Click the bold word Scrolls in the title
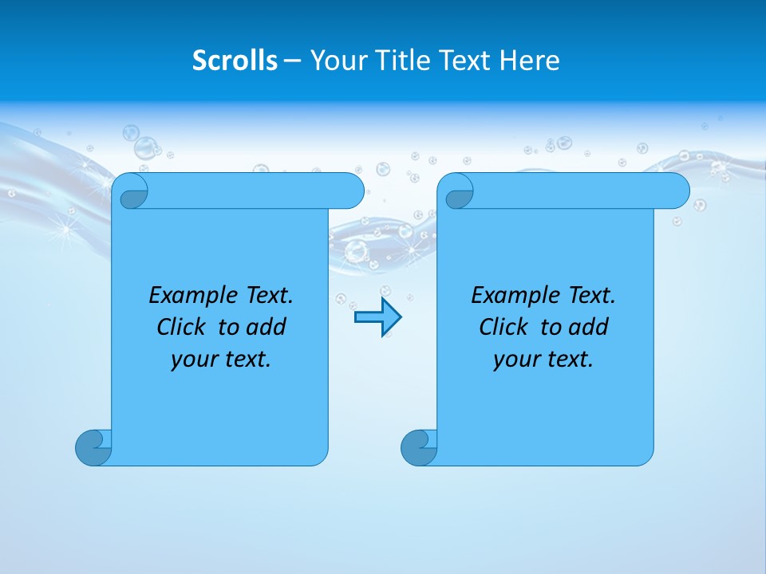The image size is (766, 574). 235,61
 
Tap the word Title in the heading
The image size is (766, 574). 408,61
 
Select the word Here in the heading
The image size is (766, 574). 530,61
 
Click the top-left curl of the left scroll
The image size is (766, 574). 131,192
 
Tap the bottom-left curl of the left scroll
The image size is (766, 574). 93,447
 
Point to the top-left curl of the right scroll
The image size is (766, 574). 456,192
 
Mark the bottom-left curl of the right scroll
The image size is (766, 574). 418,447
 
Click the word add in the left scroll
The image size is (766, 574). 267,327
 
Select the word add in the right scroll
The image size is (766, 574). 590,327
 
